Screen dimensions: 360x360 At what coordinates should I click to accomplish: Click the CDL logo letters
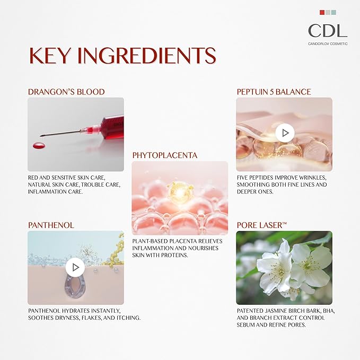click(328, 31)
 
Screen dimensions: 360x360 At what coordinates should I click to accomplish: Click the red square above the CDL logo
click(322, 12)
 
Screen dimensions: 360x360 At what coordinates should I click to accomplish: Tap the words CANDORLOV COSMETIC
click(328, 43)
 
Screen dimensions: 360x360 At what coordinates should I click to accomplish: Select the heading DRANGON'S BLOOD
click(66, 92)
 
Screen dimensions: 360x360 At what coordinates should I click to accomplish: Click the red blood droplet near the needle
click(39, 145)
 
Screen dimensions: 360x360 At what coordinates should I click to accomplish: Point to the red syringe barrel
click(112, 125)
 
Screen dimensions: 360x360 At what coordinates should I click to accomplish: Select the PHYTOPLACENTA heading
click(165, 155)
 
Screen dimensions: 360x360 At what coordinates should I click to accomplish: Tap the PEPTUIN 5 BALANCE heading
click(274, 92)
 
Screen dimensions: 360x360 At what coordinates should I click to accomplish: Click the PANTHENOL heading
click(51, 225)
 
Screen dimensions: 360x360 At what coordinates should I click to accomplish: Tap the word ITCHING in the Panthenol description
click(128, 318)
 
